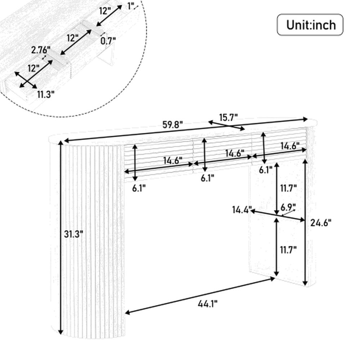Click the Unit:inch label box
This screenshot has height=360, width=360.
[310, 25]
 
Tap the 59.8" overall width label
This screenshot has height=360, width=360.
[173, 125]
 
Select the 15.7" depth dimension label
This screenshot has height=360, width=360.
[228, 118]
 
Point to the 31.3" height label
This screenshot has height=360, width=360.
[73, 234]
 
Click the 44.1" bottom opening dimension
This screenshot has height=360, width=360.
[207, 304]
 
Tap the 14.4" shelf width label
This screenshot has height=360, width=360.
[242, 210]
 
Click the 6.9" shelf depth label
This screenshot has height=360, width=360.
[288, 208]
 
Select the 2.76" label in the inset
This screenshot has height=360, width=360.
[41, 50]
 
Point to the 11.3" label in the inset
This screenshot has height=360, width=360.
[46, 94]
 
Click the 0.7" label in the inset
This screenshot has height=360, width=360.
[108, 41]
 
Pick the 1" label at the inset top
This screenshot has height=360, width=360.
[131, 6]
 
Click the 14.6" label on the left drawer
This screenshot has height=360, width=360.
[173, 160]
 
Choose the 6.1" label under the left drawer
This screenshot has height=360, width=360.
[139, 188]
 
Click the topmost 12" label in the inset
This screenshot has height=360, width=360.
[105, 11]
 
